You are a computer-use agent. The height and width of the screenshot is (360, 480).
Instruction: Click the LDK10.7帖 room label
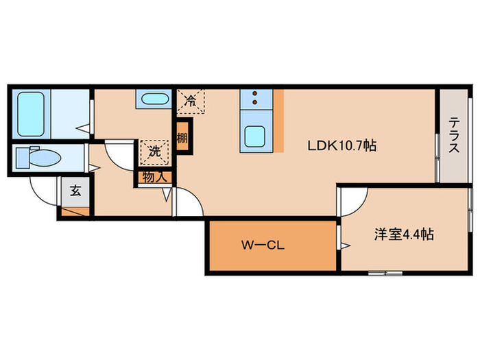[x=341, y=145]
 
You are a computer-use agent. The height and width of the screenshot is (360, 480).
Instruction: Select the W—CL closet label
[x=257, y=245]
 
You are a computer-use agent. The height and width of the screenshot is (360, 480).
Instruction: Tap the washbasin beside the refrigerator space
[x=154, y=99]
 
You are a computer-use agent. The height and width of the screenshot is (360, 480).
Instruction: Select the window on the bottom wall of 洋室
[x=384, y=273]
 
